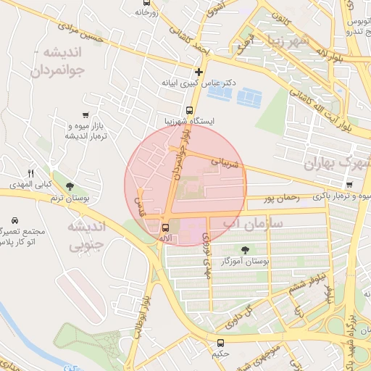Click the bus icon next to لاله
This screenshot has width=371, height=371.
pyautogui.click(x=164, y=228)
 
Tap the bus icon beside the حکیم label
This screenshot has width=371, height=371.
pyautogui.click(x=220, y=343)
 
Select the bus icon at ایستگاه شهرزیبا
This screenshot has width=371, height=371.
pyautogui.click(x=189, y=111)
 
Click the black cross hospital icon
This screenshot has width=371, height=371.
pyautogui.click(x=199, y=71)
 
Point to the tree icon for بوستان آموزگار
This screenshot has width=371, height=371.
pyautogui.click(x=244, y=249)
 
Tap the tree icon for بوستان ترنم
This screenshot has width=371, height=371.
pyautogui.click(x=70, y=187)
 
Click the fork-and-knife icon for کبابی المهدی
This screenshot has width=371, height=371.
pyautogui.click(x=30, y=173)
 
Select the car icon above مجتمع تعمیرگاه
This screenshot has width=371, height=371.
pyautogui.click(x=15, y=220)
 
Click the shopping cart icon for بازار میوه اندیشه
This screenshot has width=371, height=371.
pyautogui.click(x=86, y=115)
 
